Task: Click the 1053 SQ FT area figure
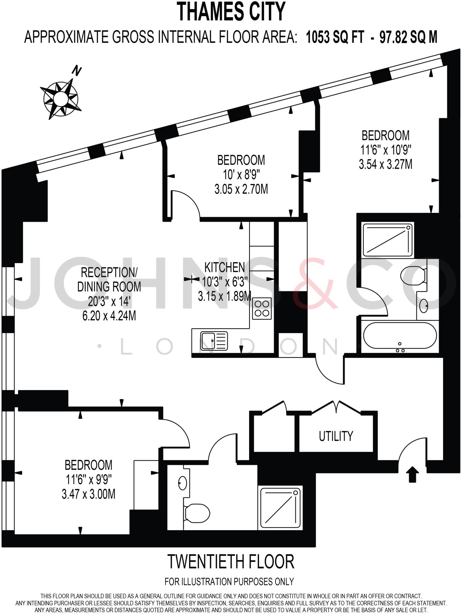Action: click(335, 38)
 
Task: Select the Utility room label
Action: click(336, 436)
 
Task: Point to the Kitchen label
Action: click(224, 267)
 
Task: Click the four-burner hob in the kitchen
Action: click(262, 308)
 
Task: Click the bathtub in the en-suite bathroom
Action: click(400, 336)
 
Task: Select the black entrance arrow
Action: click(412, 474)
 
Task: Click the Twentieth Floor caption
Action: click(230, 562)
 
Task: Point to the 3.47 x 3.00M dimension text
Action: click(89, 494)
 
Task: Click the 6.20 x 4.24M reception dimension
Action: click(109, 316)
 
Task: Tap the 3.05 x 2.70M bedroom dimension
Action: click(241, 189)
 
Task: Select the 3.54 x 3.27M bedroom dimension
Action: click(385, 164)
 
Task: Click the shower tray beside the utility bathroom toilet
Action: click(280, 508)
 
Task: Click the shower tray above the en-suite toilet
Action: click(387, 239)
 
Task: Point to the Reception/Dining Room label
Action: click(109, 279)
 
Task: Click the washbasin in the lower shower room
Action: click(182, 483)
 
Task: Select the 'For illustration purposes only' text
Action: click(229, 582)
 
